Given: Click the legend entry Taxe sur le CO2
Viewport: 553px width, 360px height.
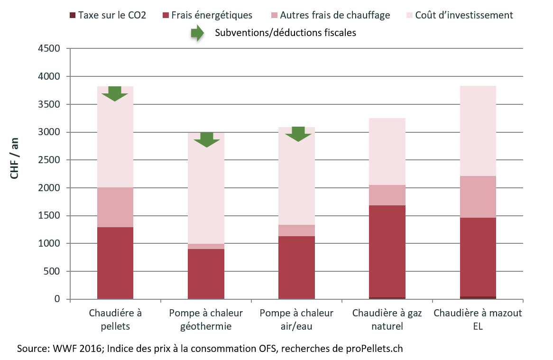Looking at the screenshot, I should click(108, 15).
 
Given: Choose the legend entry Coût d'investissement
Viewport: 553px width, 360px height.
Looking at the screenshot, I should click(460, 15).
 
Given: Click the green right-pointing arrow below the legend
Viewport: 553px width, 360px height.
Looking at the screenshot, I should click(197, 33).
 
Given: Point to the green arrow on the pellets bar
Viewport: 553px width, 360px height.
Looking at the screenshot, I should click(115, 93).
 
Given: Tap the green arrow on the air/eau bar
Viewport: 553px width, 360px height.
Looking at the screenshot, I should click(298, 134).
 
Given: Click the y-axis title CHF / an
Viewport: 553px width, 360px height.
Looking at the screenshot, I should click(15, 160).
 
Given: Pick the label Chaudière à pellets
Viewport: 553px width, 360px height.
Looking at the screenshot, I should click(115, 320).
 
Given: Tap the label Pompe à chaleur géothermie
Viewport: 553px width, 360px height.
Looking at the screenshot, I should click(206, 320).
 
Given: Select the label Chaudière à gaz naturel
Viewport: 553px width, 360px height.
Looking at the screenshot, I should click(387, 320).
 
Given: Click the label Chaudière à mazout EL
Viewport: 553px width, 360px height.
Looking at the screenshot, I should click(478, 320).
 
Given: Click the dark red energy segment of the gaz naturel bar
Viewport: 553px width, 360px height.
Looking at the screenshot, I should click(387, 251).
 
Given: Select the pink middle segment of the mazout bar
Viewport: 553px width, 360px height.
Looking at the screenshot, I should click(478, 197).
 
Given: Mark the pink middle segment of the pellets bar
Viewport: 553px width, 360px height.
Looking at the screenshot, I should click(115, 207).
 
